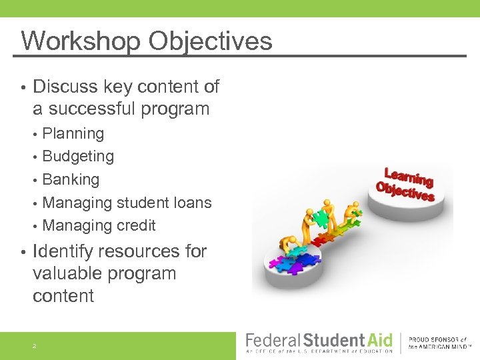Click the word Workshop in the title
pos(80,41)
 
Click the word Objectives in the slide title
pos(210,41)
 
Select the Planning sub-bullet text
pos(73,133)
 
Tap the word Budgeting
pos(78,157)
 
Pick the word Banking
pos(71,179)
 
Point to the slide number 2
pos(34,346)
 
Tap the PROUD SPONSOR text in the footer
pos(437,340)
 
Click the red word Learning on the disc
pos(409,178)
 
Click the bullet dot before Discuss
pos(23,87)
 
